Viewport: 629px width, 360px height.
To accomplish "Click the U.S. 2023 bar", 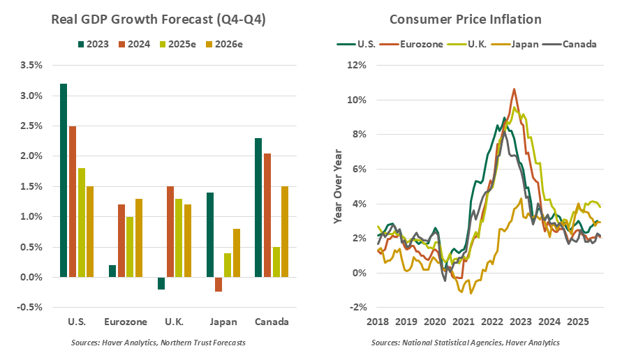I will pos(64,180).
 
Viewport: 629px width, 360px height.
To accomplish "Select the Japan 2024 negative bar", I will pos(219,284).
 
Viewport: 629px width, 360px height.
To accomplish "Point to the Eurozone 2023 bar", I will pos(113,271).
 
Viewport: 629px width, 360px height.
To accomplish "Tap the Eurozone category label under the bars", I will pos(126,323).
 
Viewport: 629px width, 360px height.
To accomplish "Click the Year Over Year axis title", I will pos(338,186).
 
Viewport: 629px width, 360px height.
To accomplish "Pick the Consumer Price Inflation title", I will pos(466,19).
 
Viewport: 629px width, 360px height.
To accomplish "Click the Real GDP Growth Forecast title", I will pos(158,19).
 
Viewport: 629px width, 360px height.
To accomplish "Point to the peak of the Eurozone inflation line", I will pos(514,89).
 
